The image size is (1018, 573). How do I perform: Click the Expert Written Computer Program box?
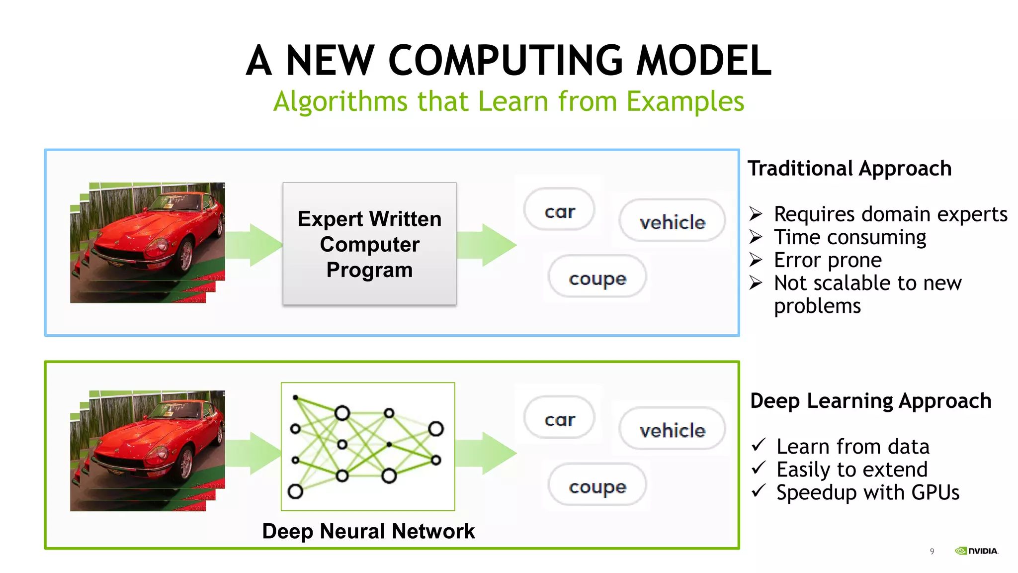pyautogui.click(x=369, y=244)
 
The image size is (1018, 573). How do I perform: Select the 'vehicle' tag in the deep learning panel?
pyautogui.click(x=672, y=430)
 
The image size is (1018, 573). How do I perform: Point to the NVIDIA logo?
pyautogui.click(x=976, y=551)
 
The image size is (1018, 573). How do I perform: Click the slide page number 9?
pyautogui.click(x=932, y=551)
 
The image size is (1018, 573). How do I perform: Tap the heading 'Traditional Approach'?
pyautogui.click(x=849, y=168)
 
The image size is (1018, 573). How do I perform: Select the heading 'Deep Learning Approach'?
pyautogui.click(x=870, y=400)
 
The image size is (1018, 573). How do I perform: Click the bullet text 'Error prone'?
pyautogui.click(x=828, y=260)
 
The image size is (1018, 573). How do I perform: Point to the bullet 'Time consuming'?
pyautogui.click(x=850, y=237)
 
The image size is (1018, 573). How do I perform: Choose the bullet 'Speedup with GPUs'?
pyautogui.click(x=867, y=492)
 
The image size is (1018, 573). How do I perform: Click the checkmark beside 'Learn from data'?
pyautogui.click(x=759, y=444)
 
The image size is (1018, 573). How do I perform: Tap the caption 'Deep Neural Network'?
pyautogui.click(x=368, y=531)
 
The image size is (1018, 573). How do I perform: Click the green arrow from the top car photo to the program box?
pyautogui.click(x=254, y=245)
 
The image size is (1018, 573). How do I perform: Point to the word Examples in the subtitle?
pyautogui.click(x=685, y=101)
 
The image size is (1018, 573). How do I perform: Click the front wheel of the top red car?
pyautogui.click(x=186, y=255)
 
